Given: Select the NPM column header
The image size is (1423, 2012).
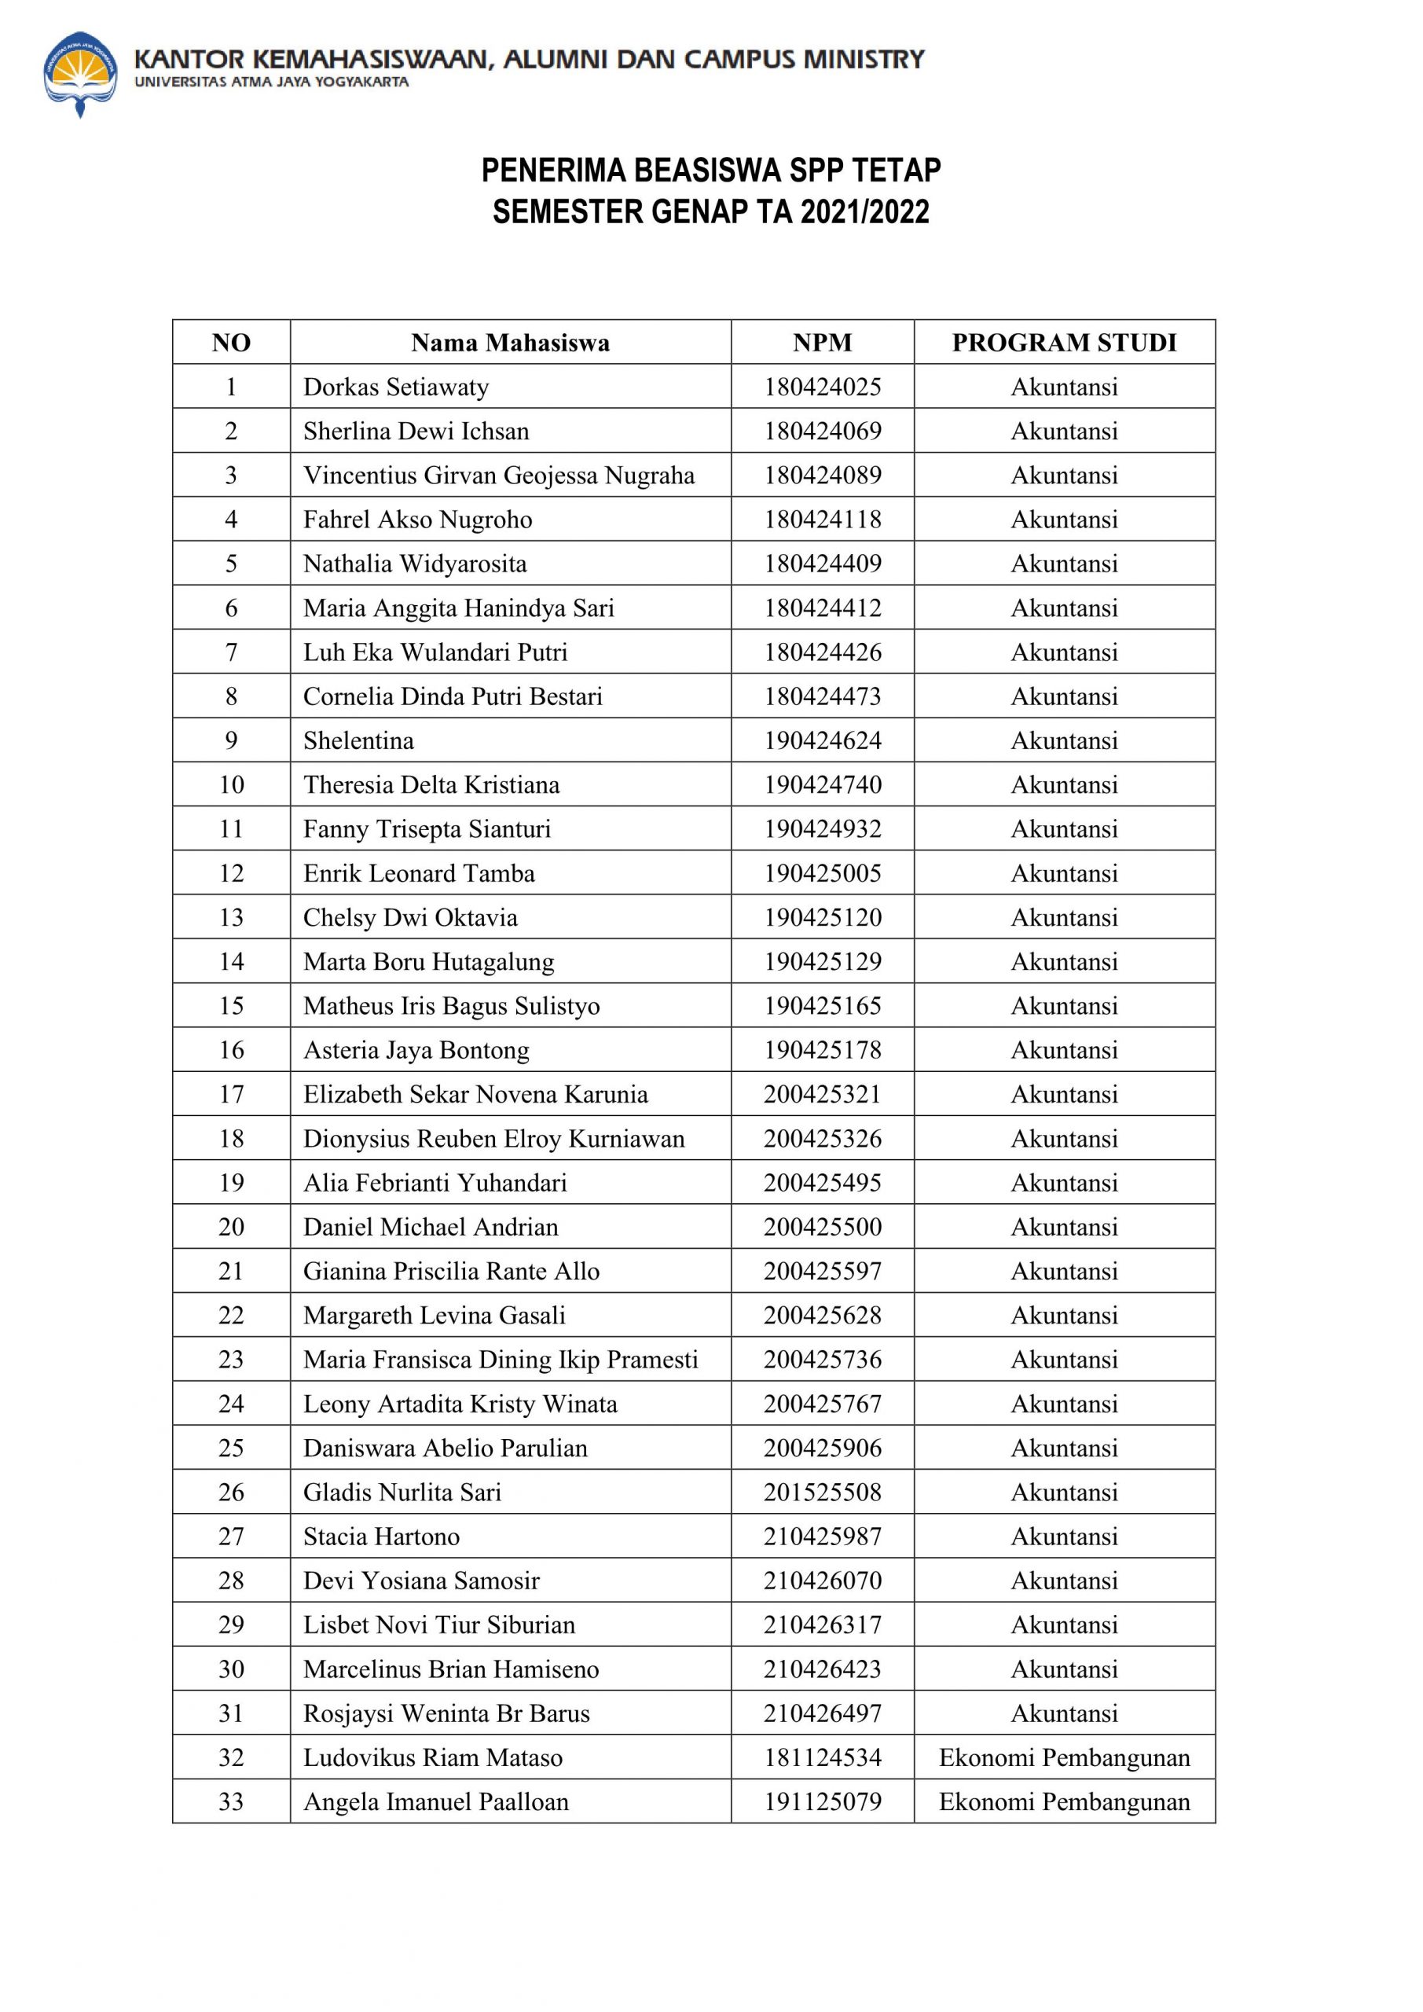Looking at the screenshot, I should pyautogui.click(x=822, y=343).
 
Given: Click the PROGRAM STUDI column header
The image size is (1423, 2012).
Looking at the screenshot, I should pyautogui.click(x=1064, y=343).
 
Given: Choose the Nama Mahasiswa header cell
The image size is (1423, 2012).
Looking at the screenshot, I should pyautogui.click(x=510, y=343).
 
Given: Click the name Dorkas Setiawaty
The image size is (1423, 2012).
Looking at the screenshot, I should pyautogui.click(x=396, y=387).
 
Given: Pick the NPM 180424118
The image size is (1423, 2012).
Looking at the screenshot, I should pyautogui.click(x=822, y=520).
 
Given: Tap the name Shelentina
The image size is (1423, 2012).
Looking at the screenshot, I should pyautogui.click(x=358, y=740).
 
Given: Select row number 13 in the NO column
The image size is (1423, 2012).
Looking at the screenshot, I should pyautogui.click(x=231, y=917).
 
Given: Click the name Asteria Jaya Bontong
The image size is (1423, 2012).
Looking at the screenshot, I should pyautogui.click(x=416, y=1050).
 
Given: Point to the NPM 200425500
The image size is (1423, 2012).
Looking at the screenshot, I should pyautogui.click(x=822, y=1227).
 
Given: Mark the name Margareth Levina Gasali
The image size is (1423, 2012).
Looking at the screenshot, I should pyautogui.click(x=435, y=1316).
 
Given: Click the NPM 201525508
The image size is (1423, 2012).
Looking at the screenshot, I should pyautogui.click(x=822, y=1492).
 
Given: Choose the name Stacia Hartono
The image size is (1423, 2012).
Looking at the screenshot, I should pyautogui.click(x=381, y=1537).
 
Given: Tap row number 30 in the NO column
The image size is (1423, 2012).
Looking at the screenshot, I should pyautogui.click(x=231, y=1669).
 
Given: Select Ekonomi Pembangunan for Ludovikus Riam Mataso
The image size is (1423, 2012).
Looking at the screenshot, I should pyautogui.click(x=1064, y=1758).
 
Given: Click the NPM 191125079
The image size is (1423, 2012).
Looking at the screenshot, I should pyautogui.click(x=822, y=1801).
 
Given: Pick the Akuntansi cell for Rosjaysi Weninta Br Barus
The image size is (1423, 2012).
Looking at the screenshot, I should pyautogui.click(x=1064, y=1713).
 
